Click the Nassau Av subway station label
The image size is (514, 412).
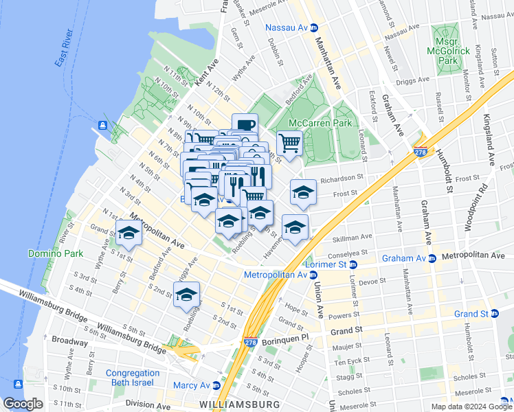(x=287, y=28)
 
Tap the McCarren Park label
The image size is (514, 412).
(x=320, y=123)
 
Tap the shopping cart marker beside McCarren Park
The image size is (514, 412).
(x=290, y=144)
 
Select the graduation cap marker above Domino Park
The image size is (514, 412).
(x=128, y=234)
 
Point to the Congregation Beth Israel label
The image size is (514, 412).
(x=133, y=378)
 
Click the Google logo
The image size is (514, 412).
(x=23, y=404)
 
